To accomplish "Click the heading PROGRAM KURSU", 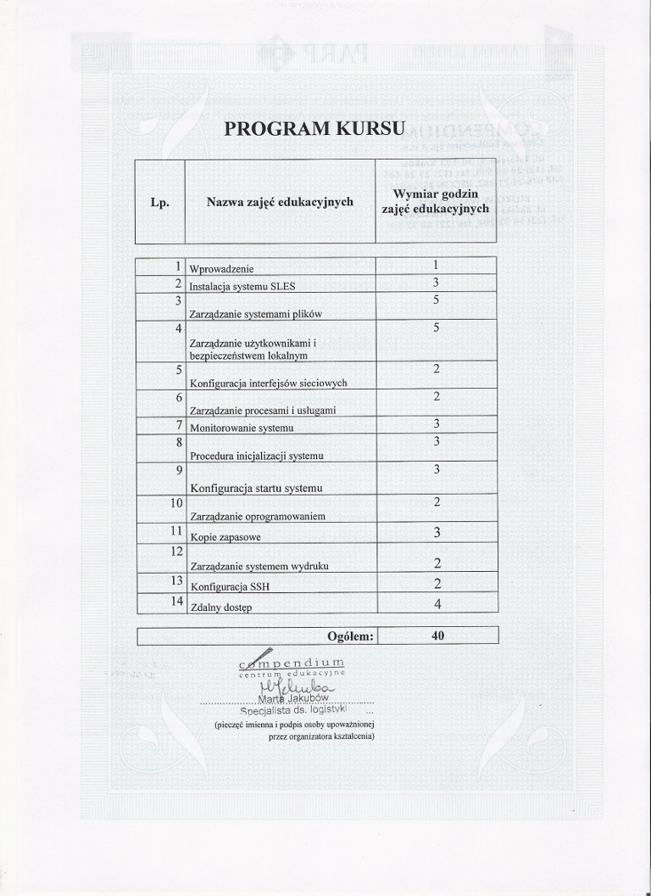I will [x=315, y=129].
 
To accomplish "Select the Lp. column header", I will [x=160, y=202].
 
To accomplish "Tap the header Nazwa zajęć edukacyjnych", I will [x=280, y=202].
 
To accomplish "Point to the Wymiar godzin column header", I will [x=436, y=201].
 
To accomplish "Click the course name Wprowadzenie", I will [x=221, y=269].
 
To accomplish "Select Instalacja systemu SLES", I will [x=242, y=286].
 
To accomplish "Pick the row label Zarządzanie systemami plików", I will [x=256, y=314].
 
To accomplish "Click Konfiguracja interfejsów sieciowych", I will [x=269, y=383].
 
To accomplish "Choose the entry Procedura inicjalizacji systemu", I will [x=257, y=456].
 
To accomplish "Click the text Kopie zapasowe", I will [x=225, y=537].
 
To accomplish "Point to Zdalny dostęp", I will [x=222, y=607].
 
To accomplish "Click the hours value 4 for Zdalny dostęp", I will [x=437, y=604].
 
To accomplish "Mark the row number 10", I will [x=176, y=503].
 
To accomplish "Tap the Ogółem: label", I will [x=350, y=636].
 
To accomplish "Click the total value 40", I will [x=437, y=636].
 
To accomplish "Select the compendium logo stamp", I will [x=292, y=667].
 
